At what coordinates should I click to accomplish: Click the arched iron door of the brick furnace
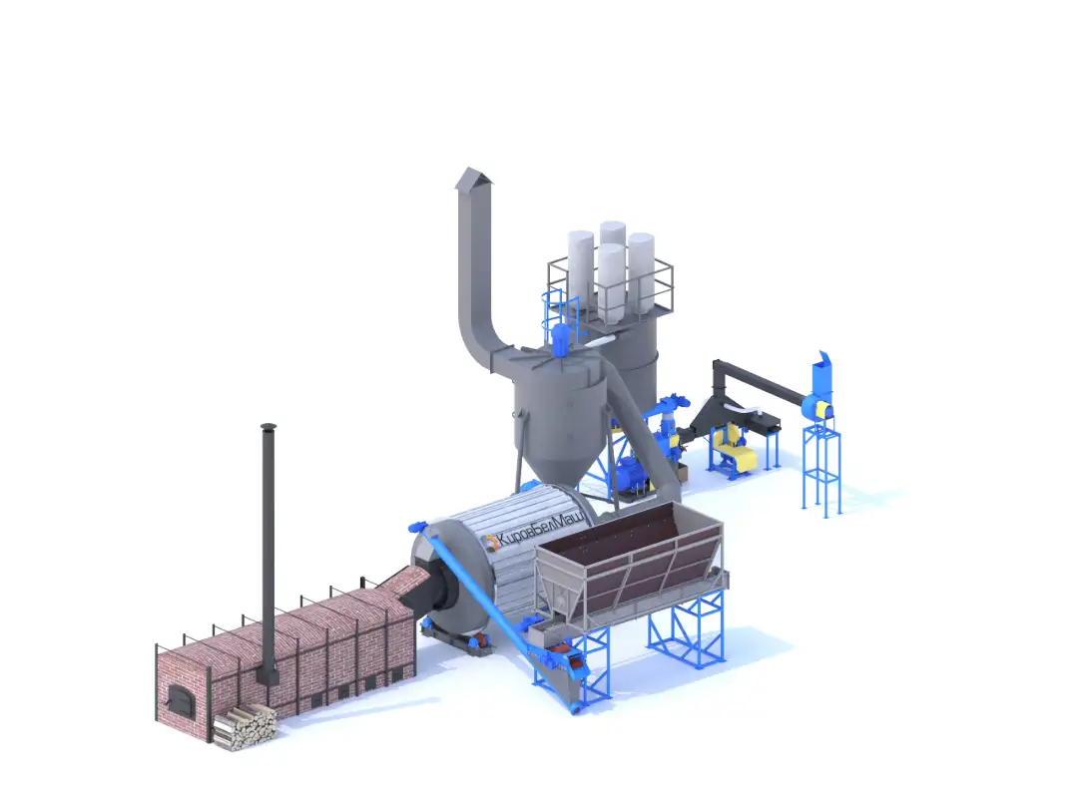(x=183, y=700)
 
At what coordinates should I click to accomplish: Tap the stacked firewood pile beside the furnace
(x=245, y=727)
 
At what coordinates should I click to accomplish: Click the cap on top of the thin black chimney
(x=269, y=427)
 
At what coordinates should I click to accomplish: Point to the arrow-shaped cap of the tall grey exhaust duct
(x=474, y=178)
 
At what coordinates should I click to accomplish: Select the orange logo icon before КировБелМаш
(x=490, y=542)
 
